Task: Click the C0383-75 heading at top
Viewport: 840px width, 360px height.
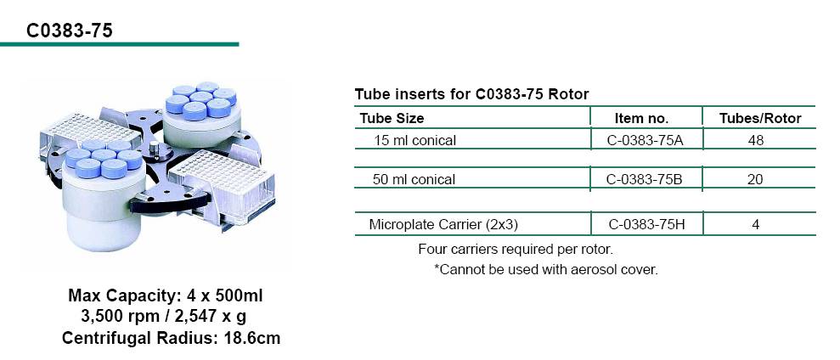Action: click(70, 31)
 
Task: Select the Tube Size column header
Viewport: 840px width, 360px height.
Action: click(392, 118)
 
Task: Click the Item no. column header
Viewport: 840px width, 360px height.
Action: click(641, 118)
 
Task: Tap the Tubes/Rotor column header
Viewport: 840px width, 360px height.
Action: click(760, 118)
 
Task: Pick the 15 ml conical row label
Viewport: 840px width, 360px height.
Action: click(414, 141)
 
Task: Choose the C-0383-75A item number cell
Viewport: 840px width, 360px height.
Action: click(646, 141)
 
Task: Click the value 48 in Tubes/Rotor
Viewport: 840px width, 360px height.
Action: click(756, 141)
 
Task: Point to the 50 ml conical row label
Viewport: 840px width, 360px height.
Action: click(414, 179)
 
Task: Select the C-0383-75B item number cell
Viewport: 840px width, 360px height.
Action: click(645, 179)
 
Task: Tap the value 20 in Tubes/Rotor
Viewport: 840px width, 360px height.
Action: click(755, 179)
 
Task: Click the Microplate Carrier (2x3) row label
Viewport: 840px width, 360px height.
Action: click(443, 224)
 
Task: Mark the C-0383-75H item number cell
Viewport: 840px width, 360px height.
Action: click(646, 224)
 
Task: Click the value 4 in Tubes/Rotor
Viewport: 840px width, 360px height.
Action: click(756, 224)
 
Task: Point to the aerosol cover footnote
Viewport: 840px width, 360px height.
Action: click(545, 269)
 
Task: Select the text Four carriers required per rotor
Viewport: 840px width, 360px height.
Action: click(516, 249)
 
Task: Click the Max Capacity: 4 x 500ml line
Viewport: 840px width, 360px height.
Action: click(166, 295)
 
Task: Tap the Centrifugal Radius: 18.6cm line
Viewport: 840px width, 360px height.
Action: click(171, 338)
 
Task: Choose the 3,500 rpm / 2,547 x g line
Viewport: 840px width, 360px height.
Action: click(164, 317)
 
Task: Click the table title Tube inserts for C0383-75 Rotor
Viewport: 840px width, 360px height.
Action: click(471, 94)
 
